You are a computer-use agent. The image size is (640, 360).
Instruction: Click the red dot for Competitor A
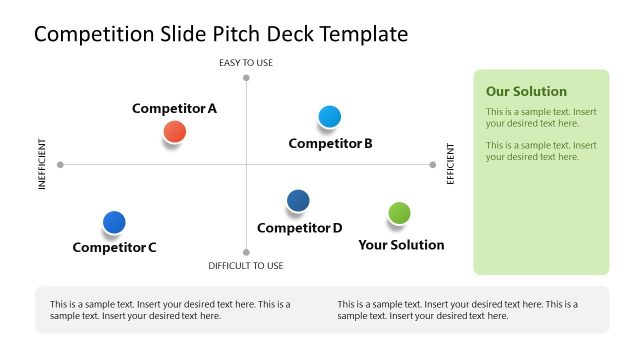(x=174, y=131)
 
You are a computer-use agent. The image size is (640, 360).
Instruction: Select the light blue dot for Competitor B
(x=329, y=117)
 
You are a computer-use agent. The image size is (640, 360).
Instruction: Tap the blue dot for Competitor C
(x=114, y=222)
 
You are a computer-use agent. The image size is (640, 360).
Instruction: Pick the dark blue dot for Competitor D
(x=298, y=201)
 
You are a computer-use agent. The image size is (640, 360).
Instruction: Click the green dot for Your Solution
(x=399, y=213)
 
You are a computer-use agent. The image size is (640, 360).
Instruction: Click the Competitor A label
(x=174, y=108)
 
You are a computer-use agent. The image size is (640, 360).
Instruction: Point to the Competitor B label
(x=330, y=143)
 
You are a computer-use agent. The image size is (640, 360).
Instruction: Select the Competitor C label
(x=114, y=247)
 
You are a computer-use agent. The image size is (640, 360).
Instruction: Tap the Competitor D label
(x=299, y=227)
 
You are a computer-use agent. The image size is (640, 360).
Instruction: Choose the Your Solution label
(x=401, y=244)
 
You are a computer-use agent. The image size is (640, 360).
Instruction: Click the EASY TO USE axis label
(x=246, y=63)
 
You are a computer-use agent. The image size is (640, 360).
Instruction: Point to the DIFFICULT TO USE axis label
(x=246, y=266)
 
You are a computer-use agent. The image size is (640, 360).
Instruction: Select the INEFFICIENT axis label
(x=43, y=164)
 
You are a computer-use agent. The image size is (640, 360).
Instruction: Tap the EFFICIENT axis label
(x=450, y=164)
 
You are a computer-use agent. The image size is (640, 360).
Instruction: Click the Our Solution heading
(x=526, y=91)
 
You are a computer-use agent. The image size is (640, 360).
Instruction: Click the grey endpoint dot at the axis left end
(x=61, y=164)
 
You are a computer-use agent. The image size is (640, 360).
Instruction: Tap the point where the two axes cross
(x=246, y=164)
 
